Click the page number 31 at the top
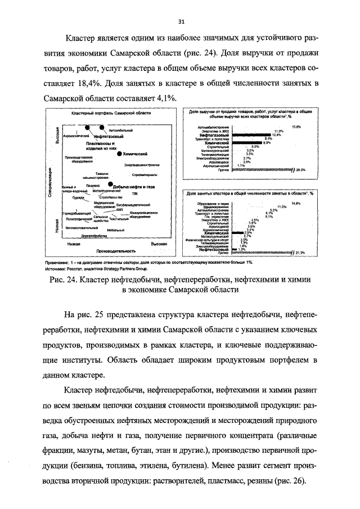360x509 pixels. [181, 21]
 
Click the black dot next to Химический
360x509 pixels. [118, 154]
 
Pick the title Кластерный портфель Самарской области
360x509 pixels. [111, 113]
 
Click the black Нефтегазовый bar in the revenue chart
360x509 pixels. [252, 136]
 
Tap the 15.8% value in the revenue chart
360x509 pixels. [295, 127]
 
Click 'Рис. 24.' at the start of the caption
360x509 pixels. [63, 280]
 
